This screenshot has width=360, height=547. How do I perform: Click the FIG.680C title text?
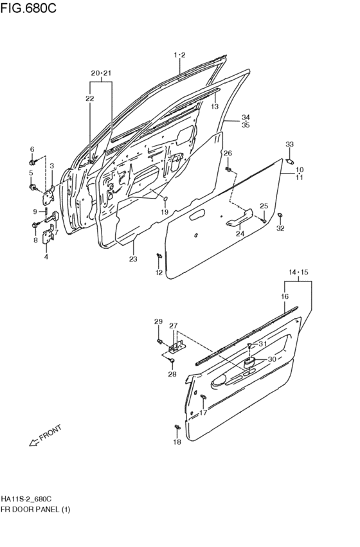tap(28, 8)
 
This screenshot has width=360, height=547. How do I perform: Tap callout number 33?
tap(289, 144)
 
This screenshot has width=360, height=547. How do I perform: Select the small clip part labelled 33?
tap(290, 161)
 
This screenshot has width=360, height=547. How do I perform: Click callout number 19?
tap(165, 211)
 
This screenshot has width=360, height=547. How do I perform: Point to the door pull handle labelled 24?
tap(239, 218)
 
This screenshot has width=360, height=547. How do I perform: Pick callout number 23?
tap(133, 259)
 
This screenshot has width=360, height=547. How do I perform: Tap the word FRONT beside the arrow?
tap(51, 432)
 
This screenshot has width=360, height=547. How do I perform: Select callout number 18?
tap(177, 442)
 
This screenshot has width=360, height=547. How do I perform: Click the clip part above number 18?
tap(177, 427)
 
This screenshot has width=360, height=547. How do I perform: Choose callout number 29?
tap(158, 321)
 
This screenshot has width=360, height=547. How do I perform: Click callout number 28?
tap(172, 374)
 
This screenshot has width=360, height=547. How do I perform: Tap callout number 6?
tap(32, 149)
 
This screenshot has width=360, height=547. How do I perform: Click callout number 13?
tap(215, 107)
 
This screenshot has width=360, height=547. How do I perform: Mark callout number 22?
tap(89, 98)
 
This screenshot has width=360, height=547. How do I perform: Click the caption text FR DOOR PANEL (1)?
tap(35, 509)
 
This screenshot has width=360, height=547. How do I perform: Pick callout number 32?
tap(280, 228)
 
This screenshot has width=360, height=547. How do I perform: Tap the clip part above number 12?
tap(159, 256)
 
